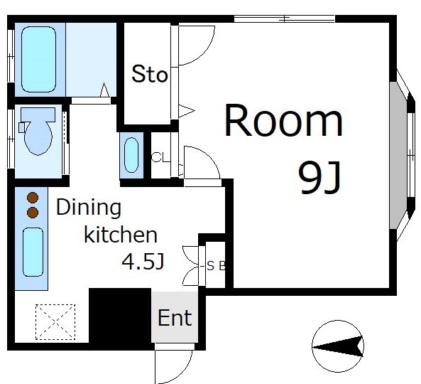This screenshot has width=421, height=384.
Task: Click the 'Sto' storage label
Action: pyautogui.click(x=150, y=74)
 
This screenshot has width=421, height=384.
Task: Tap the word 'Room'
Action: pyautogui.click(x=283, y=121)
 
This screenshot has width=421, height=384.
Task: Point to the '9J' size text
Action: pyautogui.click(x=319, y=177)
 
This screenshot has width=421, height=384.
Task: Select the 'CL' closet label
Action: pyautogui.click(x=160, y=157)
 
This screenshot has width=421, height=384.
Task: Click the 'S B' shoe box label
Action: pyautogui.click(x=216, y=266)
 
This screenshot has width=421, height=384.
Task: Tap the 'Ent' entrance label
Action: pyautogui.click(x=175, y=318)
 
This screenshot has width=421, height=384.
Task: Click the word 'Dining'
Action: pyautogui.click(x=89, y=208)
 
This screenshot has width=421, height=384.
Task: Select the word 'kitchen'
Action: pyautogui.click(x=121, y=235)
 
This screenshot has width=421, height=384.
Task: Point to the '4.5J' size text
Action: pyautogui.click(x=143, y=262)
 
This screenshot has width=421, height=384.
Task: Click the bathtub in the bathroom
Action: pyautogui.click(x=38, y=60)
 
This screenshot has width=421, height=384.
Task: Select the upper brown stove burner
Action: pyautogui.click(x=33, y=198)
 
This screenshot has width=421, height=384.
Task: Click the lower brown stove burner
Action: pyautogui.click(x=33, y=212)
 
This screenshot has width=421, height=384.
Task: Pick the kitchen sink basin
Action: pyautogui.click(x=33, y=252)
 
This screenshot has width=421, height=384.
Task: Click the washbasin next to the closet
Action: pyautogui.click(x=131, y=155)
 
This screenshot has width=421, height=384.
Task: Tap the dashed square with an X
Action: pyautogui.click(x=55, y=322)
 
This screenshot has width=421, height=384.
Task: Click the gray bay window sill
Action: pyautogui.click(x=398, y=155)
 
